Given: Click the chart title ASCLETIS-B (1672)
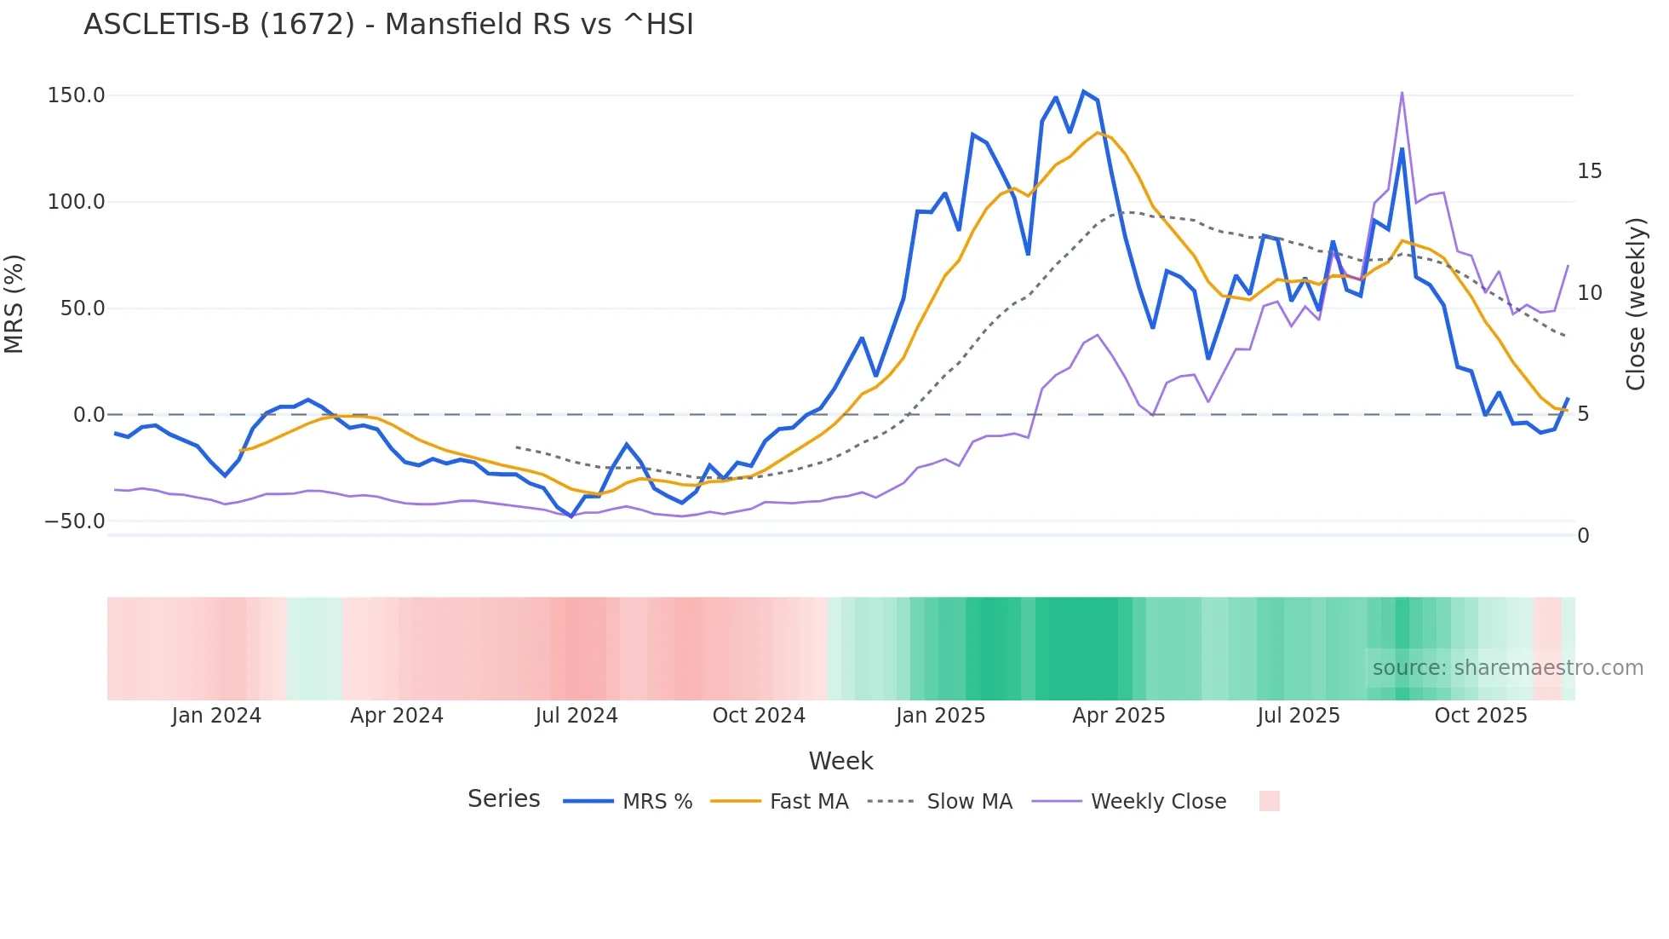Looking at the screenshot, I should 388,24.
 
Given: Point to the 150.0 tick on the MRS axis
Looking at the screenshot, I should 76,95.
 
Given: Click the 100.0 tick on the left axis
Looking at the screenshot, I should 76,202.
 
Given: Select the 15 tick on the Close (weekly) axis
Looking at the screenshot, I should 1589,171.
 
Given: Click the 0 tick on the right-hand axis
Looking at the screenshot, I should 1583,536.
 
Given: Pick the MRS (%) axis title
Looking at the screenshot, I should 14,304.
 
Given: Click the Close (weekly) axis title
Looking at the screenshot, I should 1636,304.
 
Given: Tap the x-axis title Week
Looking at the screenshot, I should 840,761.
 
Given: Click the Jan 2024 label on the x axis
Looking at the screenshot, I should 216,716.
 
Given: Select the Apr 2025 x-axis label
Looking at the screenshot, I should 1118,716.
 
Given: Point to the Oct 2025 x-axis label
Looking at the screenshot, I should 1481,716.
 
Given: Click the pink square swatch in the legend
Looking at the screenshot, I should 1269,801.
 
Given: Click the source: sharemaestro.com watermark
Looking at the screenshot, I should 1507,668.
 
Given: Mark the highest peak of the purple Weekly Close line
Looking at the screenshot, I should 1402,93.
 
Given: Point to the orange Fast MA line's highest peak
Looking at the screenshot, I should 1098,133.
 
